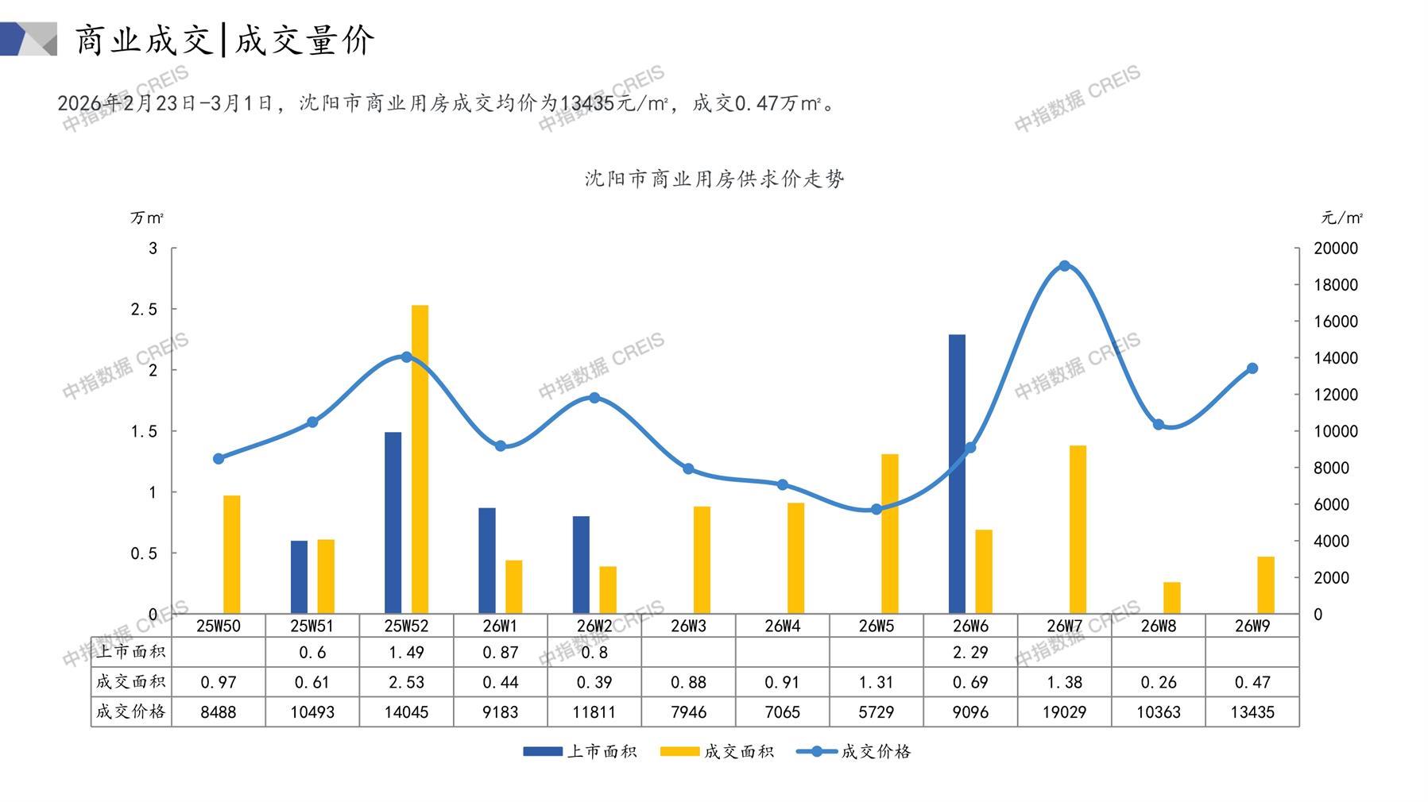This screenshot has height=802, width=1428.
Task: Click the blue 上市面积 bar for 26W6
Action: pos(957,473)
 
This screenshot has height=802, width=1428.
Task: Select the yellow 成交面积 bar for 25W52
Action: pos(420,459)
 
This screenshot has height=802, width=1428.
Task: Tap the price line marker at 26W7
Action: pos(1064,266)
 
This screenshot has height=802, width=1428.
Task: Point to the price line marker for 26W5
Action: pos(877,509)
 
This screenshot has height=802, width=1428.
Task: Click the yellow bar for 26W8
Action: pos(1171,598)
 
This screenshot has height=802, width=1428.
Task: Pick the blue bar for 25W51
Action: pos(299,576)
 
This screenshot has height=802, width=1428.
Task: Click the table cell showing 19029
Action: pos(1064,712)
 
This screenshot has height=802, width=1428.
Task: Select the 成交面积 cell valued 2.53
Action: pos(406,682)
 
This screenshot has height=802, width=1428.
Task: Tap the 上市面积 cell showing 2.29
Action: pos(970,653)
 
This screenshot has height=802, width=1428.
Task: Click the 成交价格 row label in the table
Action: pos(131,711)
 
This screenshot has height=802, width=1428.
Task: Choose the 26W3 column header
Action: pos(688,626)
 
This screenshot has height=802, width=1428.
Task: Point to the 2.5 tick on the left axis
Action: pos(145,310)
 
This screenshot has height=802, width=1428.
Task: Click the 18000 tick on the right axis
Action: pos(1335,285)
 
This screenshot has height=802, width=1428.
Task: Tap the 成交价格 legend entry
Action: pos(854,751)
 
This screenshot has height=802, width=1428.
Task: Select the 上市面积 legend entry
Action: pos(580,751)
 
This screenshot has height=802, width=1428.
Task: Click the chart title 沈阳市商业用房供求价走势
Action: pos(714,179)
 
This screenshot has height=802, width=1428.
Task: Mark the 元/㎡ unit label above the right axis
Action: pos(1341,218)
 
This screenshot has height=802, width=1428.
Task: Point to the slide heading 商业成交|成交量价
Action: pos(225,40)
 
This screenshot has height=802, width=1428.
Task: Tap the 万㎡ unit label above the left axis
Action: pos(147,218)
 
